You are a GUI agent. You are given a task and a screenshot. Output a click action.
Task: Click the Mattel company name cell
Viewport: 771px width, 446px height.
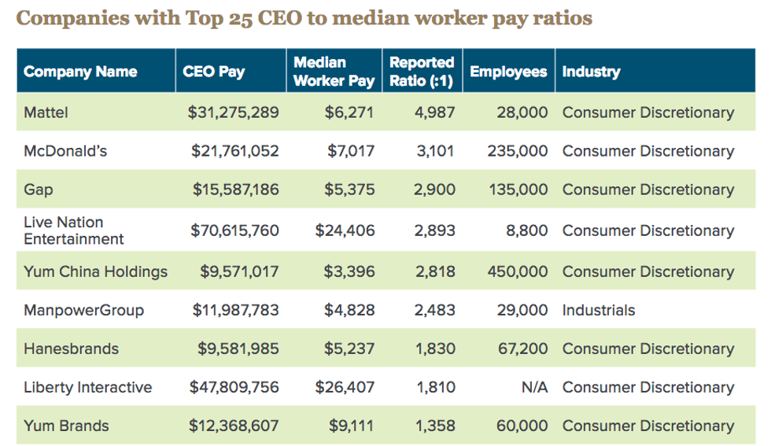46,112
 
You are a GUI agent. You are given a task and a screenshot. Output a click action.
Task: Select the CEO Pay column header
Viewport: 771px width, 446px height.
213,72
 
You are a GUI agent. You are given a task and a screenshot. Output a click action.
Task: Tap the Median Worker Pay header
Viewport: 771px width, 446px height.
334,71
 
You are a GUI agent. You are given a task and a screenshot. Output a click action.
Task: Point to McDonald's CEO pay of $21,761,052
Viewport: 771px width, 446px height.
235,151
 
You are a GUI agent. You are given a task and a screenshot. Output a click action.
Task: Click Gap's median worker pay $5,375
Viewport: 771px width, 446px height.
350,190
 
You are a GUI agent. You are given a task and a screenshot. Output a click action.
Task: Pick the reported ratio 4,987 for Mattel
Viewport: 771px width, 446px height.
434,112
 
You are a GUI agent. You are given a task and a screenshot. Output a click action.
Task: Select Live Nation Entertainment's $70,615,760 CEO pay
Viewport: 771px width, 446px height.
235,230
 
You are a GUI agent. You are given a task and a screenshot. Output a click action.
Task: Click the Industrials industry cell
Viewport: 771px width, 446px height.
598,310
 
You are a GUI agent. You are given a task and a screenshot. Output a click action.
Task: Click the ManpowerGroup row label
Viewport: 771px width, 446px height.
84,310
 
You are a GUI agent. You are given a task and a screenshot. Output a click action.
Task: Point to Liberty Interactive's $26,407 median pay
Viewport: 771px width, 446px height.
345,387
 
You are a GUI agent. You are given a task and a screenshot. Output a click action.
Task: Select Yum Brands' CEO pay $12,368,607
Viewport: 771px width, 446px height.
234,426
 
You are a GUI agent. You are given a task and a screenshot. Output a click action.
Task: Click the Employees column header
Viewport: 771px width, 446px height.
508,72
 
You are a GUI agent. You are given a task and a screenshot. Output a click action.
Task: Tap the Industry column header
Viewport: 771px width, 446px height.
591,72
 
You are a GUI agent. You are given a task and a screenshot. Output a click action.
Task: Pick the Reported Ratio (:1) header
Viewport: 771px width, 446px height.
422,71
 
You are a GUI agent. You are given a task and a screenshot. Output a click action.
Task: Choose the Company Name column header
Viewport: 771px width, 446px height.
80,72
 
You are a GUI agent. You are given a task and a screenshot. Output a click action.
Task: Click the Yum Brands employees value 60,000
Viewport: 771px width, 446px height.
522,426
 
